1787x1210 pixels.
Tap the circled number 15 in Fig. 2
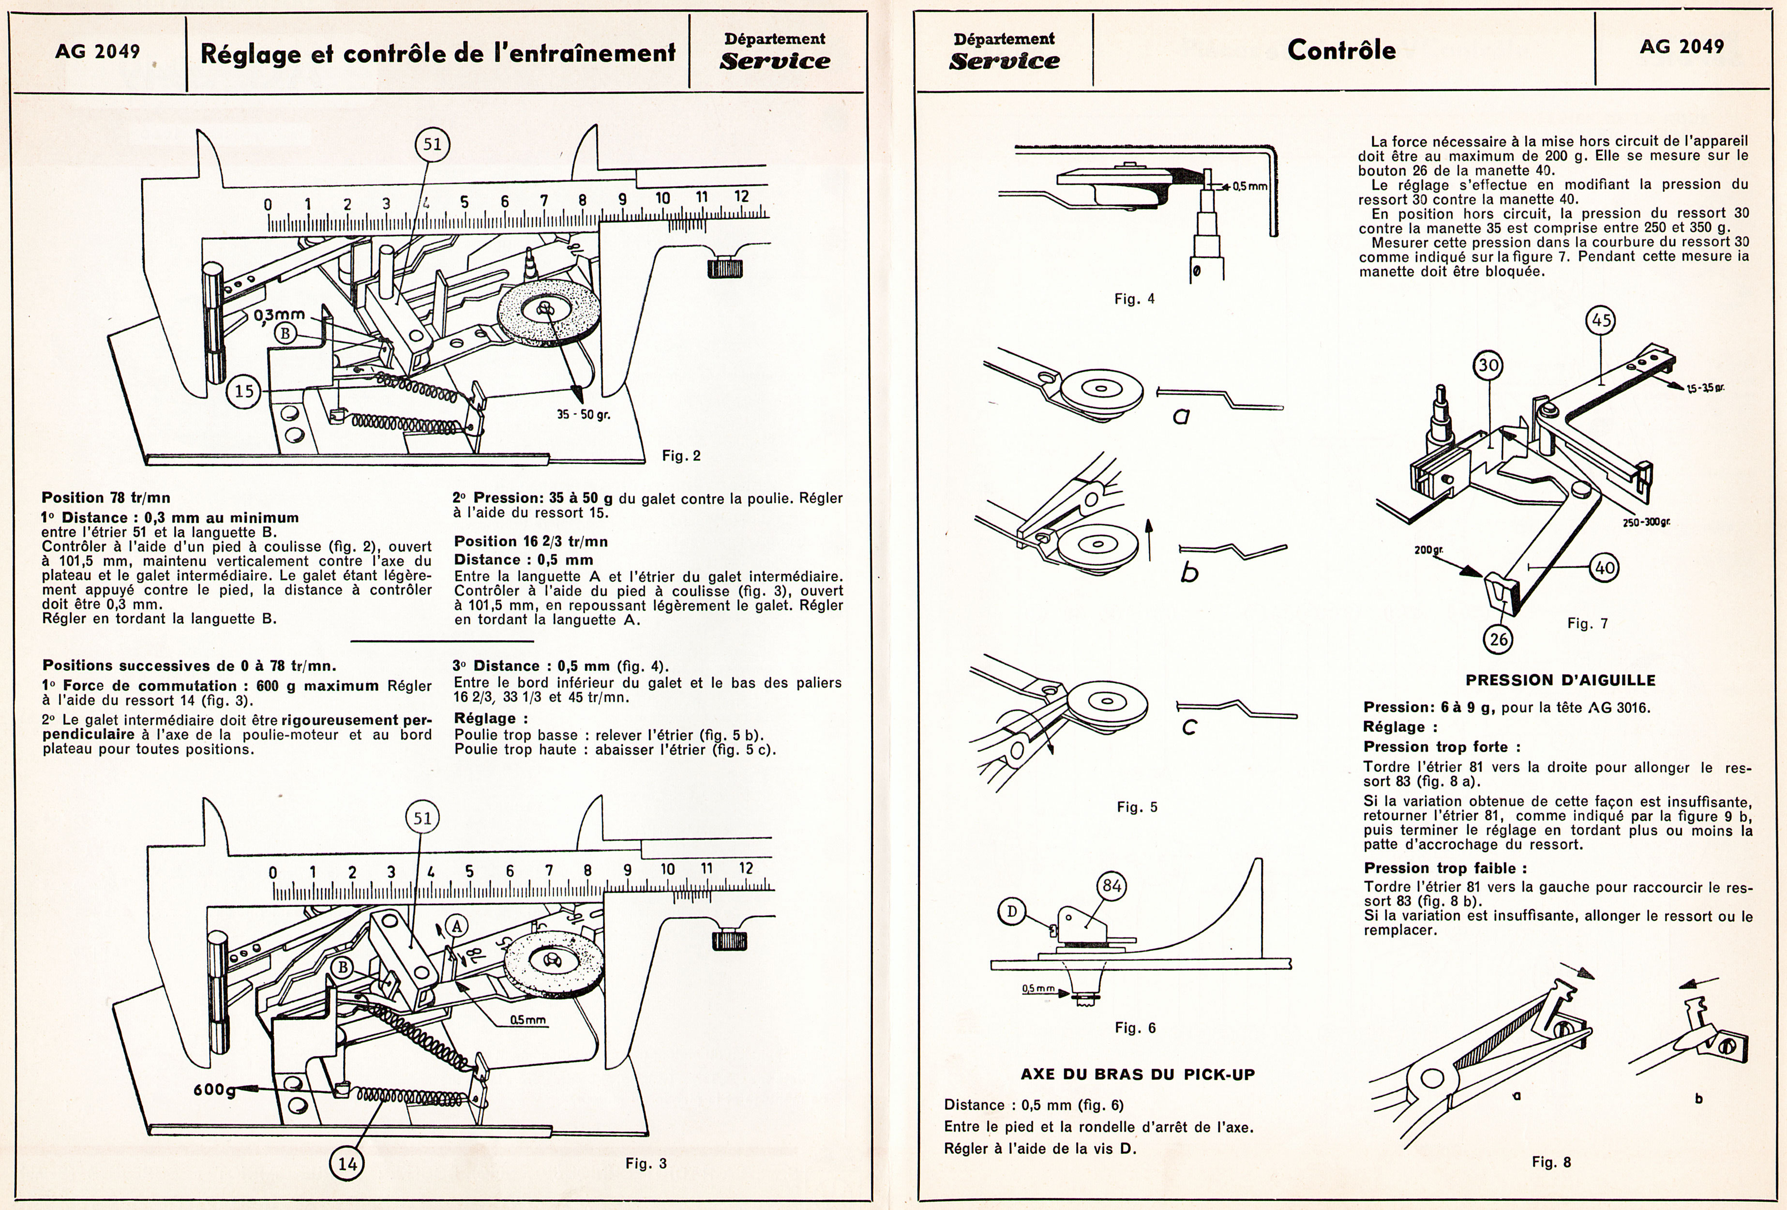point(244,391)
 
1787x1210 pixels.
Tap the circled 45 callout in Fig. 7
point(1601,320)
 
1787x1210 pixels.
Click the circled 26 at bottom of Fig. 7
point(1499,638)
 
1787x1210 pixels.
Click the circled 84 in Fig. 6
point(1112,886)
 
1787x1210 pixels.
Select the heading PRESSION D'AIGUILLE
point(1560,680)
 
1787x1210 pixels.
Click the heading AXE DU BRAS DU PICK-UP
point(1137,1074)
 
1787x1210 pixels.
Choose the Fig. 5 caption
point(1137,807)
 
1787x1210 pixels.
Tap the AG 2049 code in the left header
point(98,51)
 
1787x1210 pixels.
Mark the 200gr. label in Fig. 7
point(1428,551)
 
